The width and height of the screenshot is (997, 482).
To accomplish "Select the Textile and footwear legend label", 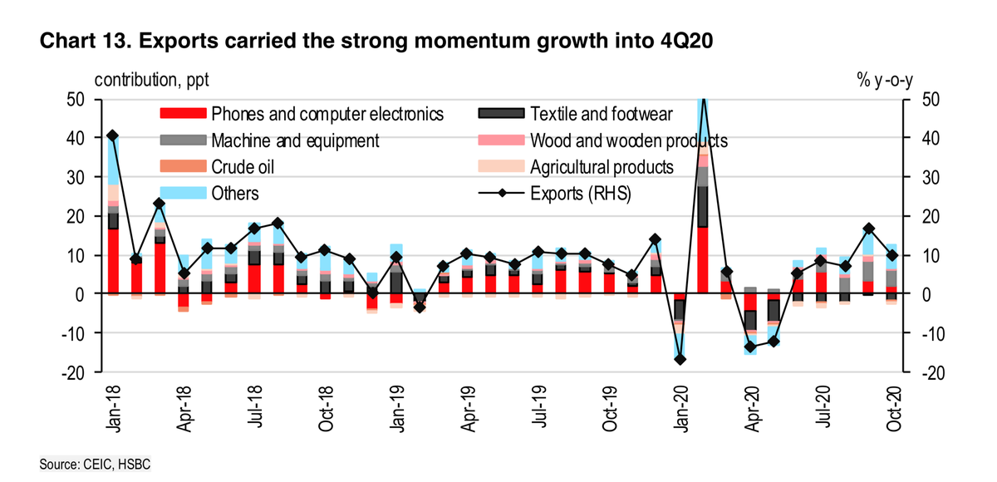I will [x=601, y=114].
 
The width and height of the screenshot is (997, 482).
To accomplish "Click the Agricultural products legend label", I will [x=601, y=167].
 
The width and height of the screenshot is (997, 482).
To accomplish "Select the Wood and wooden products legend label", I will [x=628, y=140].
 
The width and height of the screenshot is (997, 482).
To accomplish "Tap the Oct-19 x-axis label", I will [x=609, y=406].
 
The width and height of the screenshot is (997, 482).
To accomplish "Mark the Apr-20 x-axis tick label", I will [x=752, y=406].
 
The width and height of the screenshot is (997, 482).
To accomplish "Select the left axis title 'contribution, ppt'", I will [x=152, y=81].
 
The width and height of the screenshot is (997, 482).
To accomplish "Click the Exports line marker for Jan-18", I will [x=113, y=135].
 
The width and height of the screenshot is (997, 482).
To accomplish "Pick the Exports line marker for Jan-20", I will [x=680, y=359].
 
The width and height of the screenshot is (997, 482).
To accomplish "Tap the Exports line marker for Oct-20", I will [x=892, y=255].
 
